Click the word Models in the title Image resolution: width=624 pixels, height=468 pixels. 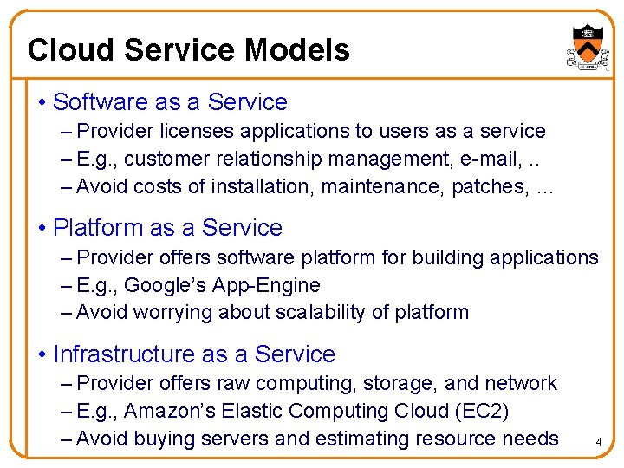tap(297, 50)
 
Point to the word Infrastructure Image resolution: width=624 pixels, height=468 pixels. tap(123, 354)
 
